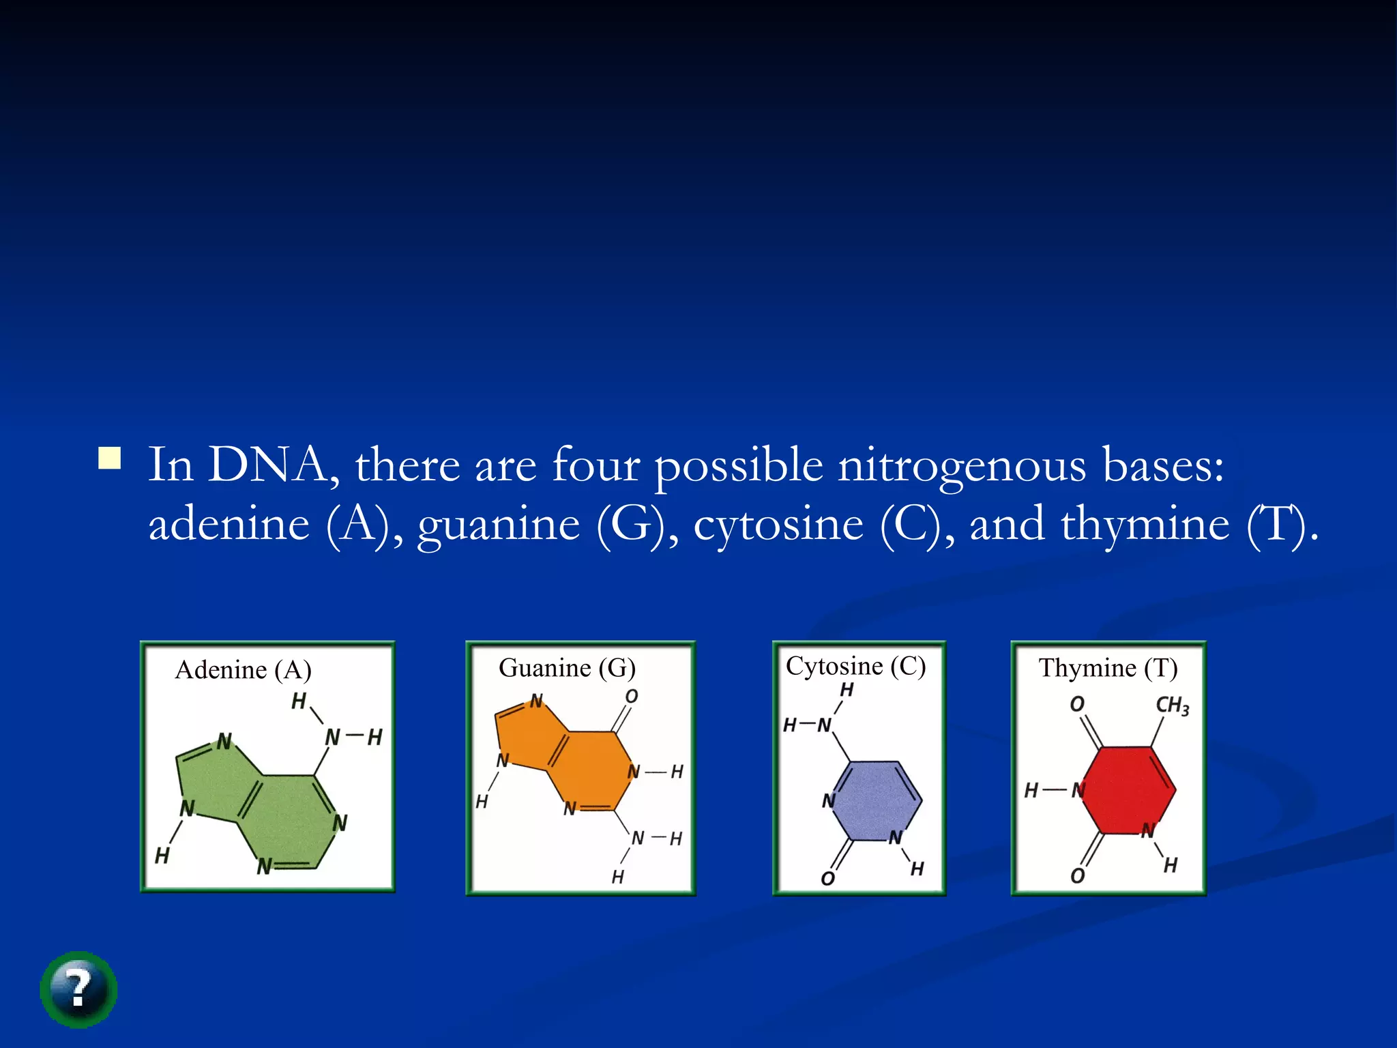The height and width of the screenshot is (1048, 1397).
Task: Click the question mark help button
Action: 78,989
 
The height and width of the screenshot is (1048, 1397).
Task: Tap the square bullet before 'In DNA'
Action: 109,458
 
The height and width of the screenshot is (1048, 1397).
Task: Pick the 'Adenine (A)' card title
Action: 244,670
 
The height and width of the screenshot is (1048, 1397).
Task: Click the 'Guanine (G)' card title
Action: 567,668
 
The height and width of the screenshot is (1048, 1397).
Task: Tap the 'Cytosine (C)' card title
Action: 855,666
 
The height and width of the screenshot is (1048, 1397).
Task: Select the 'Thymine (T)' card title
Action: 1108,668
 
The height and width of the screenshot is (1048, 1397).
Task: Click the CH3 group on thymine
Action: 1172,705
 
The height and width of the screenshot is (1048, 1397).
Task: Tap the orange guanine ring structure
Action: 580,764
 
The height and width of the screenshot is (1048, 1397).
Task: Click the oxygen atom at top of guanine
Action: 632,697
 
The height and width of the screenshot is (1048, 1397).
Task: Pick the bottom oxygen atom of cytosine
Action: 827,878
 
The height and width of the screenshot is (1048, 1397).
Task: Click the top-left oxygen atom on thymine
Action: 1077,704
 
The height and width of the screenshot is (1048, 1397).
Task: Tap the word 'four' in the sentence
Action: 595,465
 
